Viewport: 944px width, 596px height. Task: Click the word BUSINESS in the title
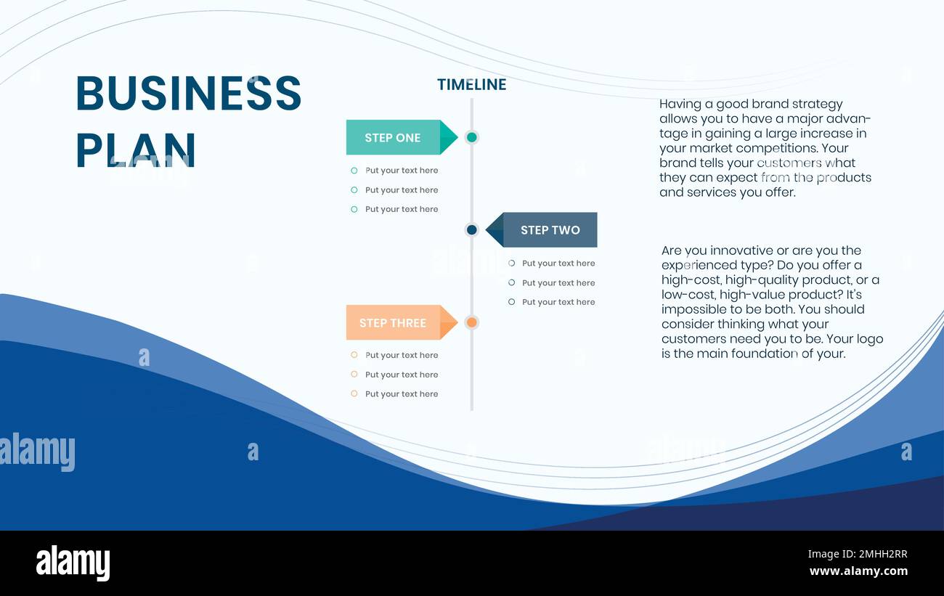coord(188,93)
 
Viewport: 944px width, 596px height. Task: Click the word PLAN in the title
coord(136,150)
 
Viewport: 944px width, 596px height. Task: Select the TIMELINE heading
coord(471,84)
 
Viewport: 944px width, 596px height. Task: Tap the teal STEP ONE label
coord(393,137)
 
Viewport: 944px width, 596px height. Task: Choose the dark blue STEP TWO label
coord(550,230)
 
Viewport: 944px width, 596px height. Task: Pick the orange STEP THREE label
coord(393,323)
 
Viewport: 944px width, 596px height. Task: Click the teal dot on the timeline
coord(471,137)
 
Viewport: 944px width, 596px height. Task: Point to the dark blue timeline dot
coord(471,230)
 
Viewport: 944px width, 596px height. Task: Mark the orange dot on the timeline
coord(471,322)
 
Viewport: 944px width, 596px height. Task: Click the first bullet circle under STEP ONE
coord(354,171)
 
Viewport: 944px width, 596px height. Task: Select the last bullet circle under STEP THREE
coord(354,393)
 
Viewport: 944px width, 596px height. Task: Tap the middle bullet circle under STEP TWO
coord(511,282)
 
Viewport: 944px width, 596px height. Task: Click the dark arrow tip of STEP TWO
coord(493,230)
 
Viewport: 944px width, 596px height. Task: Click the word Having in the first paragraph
coord(680,105)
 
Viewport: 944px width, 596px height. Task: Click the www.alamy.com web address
coord(858,571)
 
